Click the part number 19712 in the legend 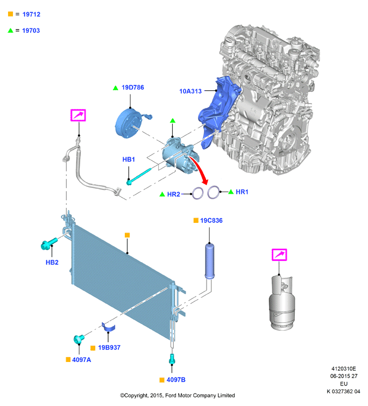(31, 15)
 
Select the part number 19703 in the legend (31, 31)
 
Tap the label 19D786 (133, 88)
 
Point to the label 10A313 (190, 91)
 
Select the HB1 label (129, 160)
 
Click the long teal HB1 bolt (139, 177)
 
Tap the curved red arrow (200, 170)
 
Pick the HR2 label (173, 194)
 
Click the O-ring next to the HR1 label (214, 192)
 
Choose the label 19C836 (211, 221)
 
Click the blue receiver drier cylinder (210, 261)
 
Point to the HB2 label (52, 263)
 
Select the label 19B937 (109, 348)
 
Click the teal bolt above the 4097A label (79, 339)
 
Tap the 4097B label (176, 380)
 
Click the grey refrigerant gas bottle (282, 303)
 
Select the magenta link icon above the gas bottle (279, 255)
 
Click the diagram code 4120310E (344, 369)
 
